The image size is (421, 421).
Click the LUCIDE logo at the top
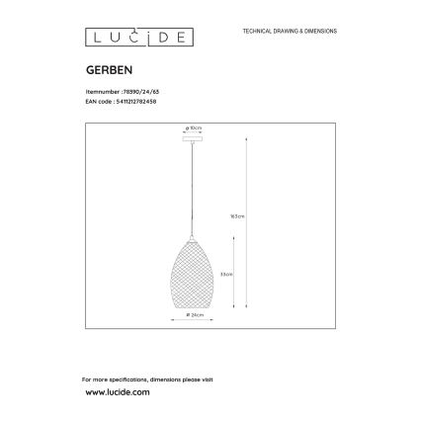(137, 40)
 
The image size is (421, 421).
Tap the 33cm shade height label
(227, 274)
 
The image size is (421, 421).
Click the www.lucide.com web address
(116, 392)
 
